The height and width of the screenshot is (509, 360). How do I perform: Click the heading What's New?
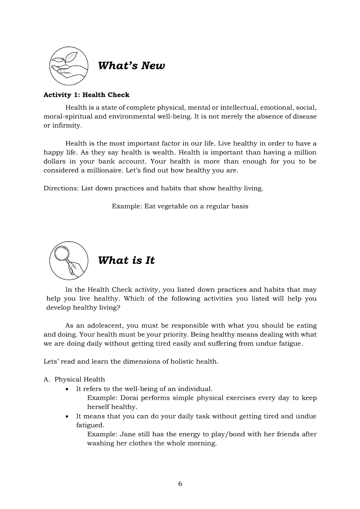pos(132,66)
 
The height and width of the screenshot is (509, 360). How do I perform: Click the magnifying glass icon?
pos(68,260)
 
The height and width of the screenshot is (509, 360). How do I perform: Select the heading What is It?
pos(126,260)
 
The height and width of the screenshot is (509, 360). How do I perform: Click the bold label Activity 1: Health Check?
pos(86,94)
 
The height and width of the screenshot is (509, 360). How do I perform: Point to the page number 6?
pos(180,484)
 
